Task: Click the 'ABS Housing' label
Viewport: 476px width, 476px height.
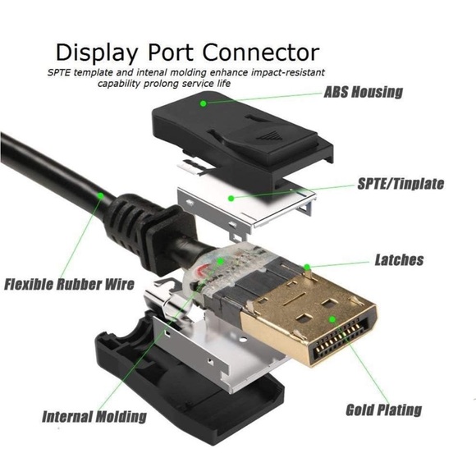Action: (x=363, y=92)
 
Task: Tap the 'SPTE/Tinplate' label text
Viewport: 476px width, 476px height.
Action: (x=400, y=184)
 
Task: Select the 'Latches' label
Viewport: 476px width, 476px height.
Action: (x=399, y=260)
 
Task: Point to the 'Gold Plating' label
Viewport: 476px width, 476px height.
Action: (x=384, y=410)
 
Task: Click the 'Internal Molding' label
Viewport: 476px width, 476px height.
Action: (x=94, y=416)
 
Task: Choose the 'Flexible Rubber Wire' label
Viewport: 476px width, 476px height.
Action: (x=69, y=284)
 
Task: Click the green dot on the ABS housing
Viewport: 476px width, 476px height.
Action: (x=204, y=103)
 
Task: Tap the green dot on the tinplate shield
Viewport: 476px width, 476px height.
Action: (x=231, y=199)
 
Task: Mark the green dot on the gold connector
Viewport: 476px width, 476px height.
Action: (x=332, y=319)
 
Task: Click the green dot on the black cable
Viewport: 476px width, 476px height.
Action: (x=100, y=195)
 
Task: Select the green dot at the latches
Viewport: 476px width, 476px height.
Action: (x=307, y=268)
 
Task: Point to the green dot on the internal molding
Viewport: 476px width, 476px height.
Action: (x=221, y=260)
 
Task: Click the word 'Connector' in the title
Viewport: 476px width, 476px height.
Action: (x=261, y=53)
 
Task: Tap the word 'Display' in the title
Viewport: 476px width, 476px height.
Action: (x=97, y=54)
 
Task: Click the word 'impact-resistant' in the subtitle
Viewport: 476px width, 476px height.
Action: (x=290, y=72)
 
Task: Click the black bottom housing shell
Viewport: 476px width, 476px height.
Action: (x=182, y=395)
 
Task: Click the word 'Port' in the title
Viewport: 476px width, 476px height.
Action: (x=170, y=53)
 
